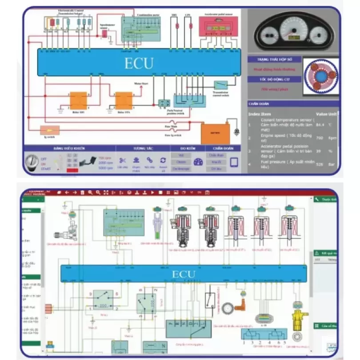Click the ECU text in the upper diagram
139,63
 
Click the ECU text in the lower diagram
184,274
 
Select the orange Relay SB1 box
79,100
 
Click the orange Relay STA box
124,100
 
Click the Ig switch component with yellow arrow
50,130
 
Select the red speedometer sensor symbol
105,33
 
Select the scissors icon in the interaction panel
122,160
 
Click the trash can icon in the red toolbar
82,192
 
